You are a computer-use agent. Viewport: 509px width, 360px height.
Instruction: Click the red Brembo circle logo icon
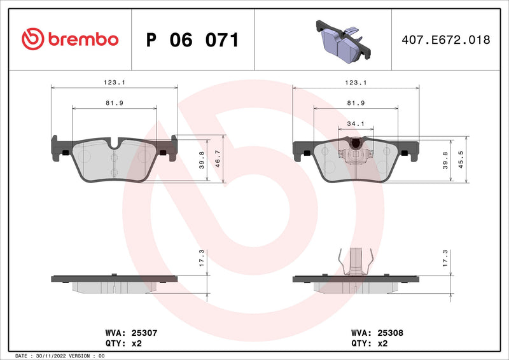tap(31, 39)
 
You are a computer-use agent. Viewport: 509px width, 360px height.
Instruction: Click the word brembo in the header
tap(82, 39)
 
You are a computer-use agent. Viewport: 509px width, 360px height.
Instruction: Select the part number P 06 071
tap(192, 40)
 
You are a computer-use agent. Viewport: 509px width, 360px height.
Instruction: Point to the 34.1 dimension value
tap(355, 124)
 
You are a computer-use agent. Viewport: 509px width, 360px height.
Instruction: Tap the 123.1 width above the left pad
tap(114, 83)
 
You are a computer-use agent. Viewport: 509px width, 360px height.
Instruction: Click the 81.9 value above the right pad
tap(356, 103)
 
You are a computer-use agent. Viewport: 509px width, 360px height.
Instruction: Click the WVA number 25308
tap(389, 332)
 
